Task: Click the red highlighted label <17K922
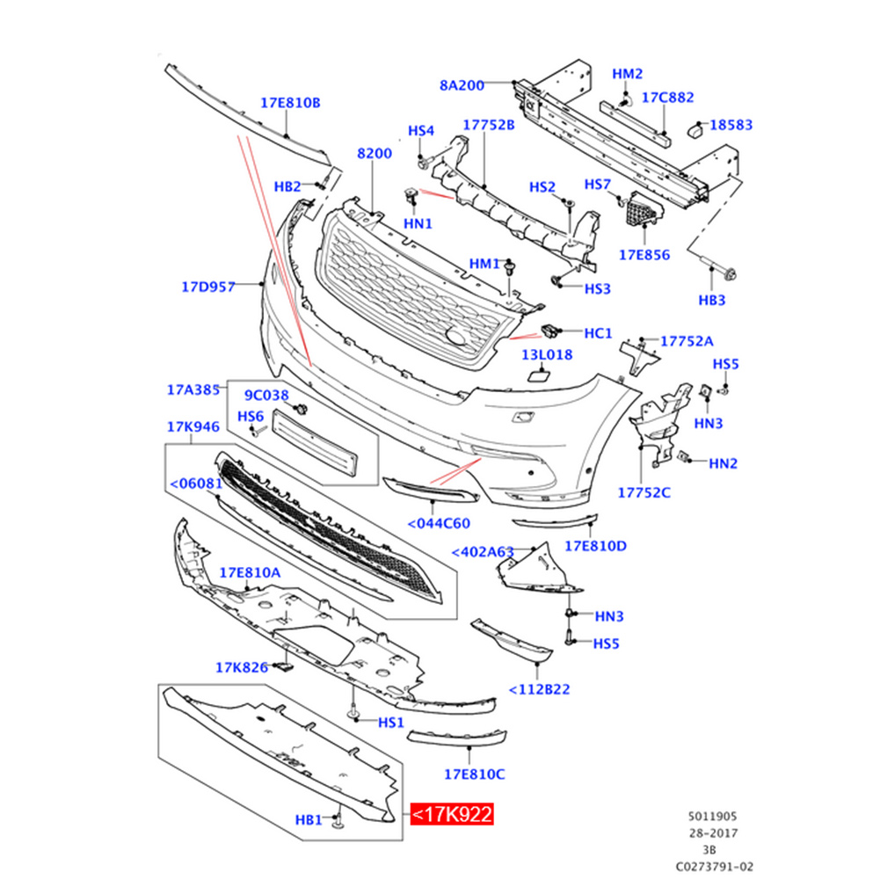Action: [x=452, y=814]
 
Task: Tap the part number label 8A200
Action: [x=462, y=85]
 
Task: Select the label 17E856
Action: [x=644, y=255]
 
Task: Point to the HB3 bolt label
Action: [x=711, y=301]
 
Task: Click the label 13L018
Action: [x=547, y=354]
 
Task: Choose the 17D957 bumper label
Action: [x=208, y=287]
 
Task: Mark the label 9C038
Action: [x=266, y=395]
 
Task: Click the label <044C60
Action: [x=439, y=524]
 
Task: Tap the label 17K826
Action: [x=242, y=667]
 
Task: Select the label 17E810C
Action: [x=474, y=775]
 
